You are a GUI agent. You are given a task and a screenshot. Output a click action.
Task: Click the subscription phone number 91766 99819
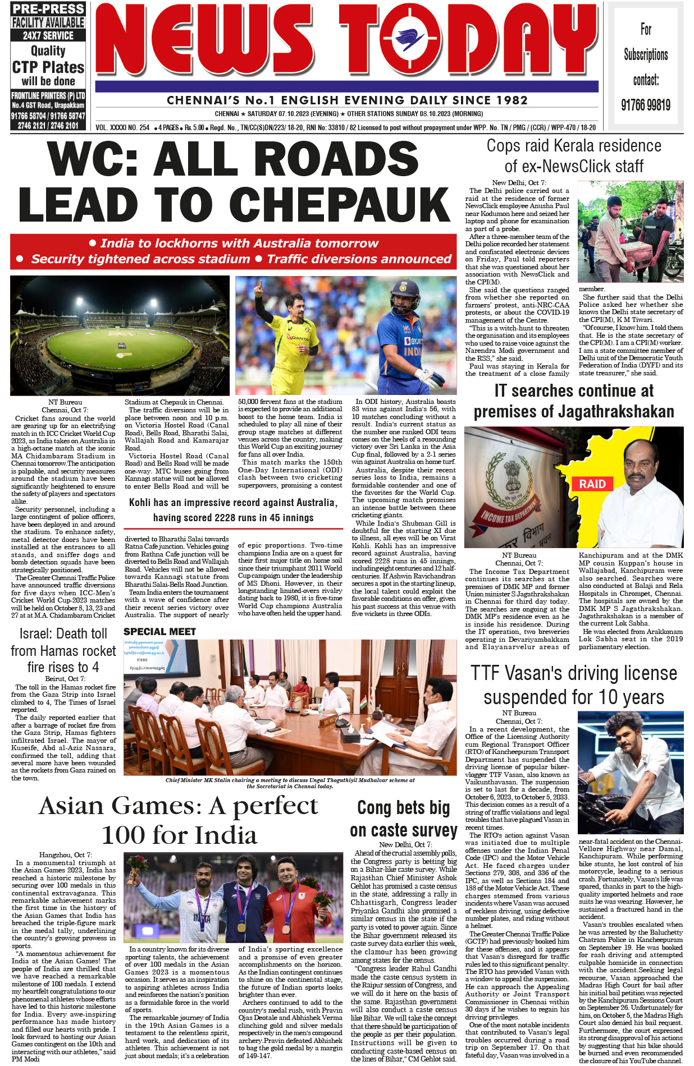[x=646, y=105]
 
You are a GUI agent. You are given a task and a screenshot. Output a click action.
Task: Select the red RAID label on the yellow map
[x=592, y=484]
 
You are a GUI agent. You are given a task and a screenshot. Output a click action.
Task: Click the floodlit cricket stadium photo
[x=120, y=335]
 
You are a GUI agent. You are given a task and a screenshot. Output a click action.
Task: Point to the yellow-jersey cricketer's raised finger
[x=259, y=285]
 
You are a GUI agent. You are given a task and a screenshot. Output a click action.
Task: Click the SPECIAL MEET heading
[x=160, y=632]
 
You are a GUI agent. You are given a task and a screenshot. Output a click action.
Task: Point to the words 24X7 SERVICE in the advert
[x=48, y=35]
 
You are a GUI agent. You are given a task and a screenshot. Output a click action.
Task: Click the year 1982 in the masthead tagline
[x=508, y=101]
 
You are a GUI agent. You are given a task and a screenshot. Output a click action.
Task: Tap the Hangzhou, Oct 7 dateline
[x=66, y=854]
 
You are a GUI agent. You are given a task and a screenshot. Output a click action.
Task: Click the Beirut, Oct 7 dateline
[x=65, y=679]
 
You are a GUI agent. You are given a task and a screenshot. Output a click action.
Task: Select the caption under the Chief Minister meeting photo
[x=290, y=783]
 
